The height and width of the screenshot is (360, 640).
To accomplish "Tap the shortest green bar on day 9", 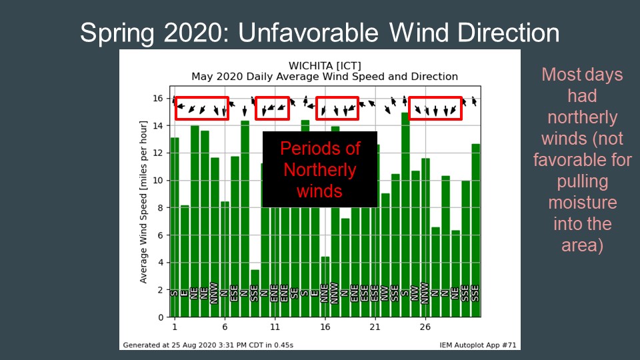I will [255, 293].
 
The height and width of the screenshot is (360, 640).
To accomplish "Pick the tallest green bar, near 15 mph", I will [405, 213].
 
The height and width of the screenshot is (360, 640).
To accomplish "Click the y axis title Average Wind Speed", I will [144, 201].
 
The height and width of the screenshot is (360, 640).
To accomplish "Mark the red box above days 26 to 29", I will [435, 108].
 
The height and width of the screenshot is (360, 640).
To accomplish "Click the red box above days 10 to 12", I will [272, 108].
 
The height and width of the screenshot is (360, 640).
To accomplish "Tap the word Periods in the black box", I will [319, 148].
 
